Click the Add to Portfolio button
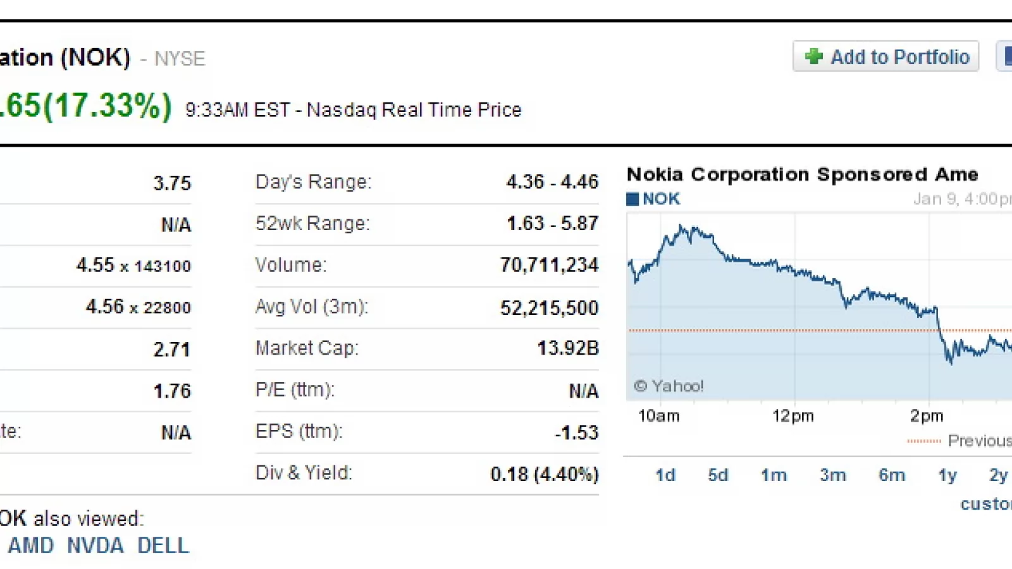point(885,57)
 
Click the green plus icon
point(813,57)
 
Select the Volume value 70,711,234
point(549,265)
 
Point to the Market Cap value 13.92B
point(567,348)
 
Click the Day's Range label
point(313,182)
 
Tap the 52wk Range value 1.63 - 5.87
point(552,223)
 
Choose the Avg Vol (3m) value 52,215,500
point(549,308)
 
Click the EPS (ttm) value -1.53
point(576,432)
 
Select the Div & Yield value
point(544,474)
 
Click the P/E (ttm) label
point(295,390)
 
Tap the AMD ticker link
point(30,546)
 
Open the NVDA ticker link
point(95,546)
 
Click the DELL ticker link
point(163,546)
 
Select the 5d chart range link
point(718,475)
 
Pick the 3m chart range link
point(832,475)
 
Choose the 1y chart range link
point(947,475)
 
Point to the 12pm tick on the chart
point(793,416)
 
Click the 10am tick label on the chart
point(658,416)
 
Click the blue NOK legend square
point(632,199)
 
